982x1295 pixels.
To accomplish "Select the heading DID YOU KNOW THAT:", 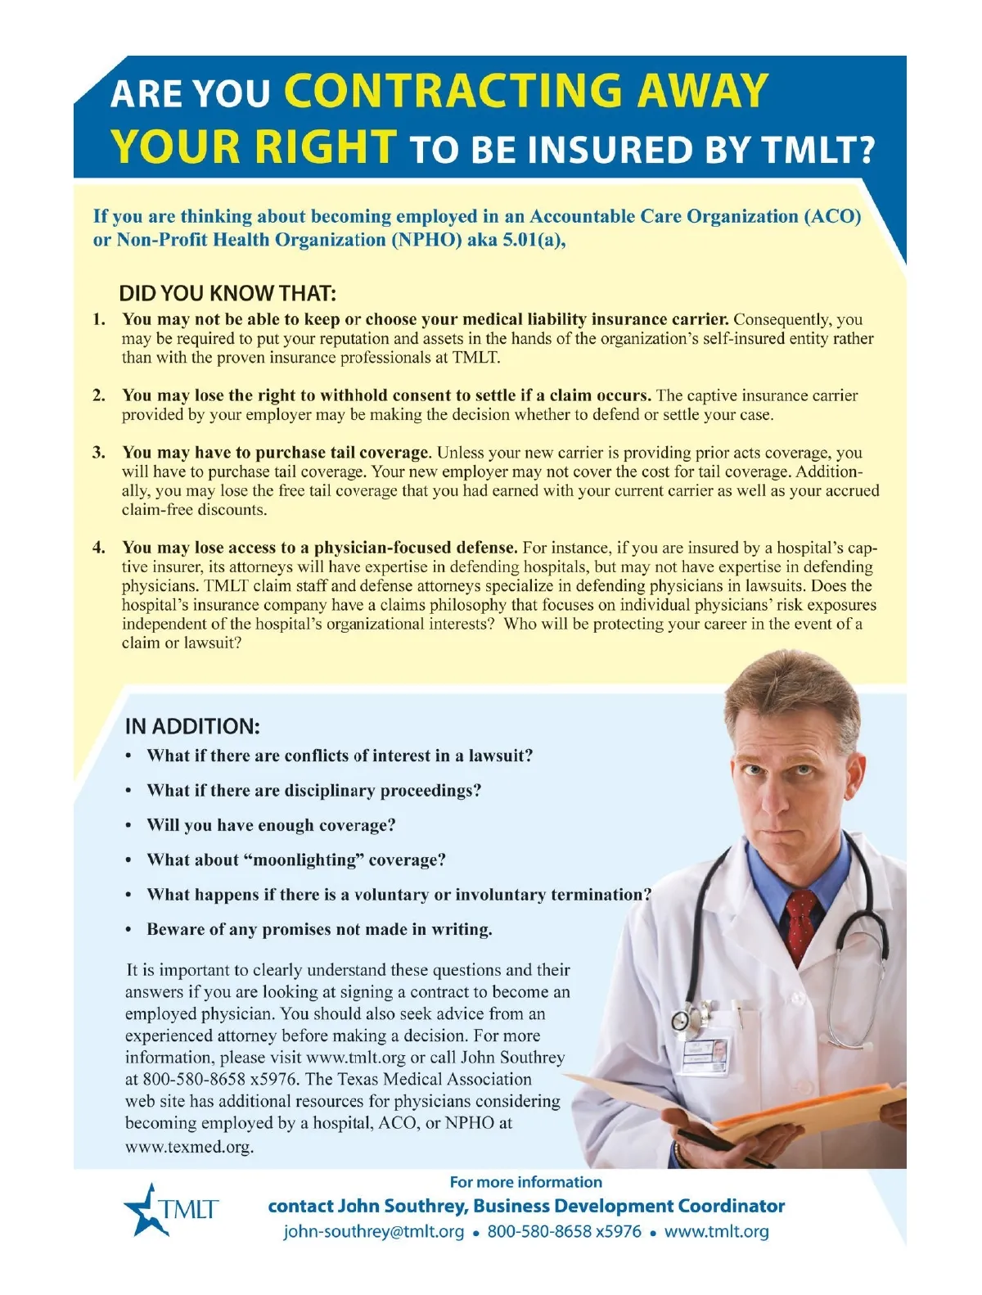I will point(227,293).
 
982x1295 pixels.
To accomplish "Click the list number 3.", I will point(98,453).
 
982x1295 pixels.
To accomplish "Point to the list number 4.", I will point(98,548).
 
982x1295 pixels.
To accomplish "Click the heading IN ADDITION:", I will point(192,726).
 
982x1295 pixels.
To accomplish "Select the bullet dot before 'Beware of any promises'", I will point(128,931).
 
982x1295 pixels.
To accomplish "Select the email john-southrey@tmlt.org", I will point(373,1231).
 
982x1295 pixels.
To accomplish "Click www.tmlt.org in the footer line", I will point(716,1231).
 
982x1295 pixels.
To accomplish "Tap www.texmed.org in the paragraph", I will point(189,1146).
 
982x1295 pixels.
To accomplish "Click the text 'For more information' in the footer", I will point(525,1182).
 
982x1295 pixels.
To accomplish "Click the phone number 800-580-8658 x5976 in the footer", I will point(564,1231).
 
